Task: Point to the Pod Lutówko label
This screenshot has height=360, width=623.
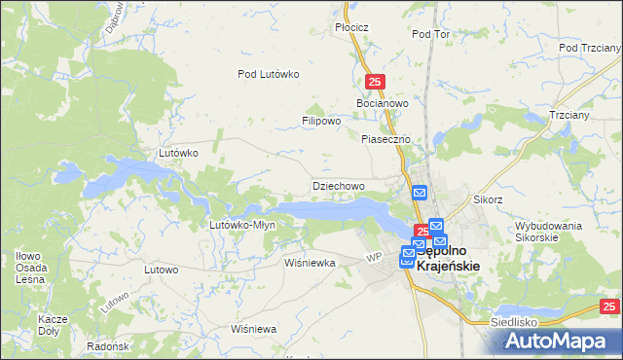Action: [269, 74]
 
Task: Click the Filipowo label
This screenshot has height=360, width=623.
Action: [320, 122]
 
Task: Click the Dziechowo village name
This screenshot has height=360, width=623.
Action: [338, 185]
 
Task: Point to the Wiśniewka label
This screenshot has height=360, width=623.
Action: [310, 263]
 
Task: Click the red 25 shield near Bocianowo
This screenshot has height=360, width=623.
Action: [376, 83]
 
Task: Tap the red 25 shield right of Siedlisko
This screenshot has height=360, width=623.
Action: [608, 307]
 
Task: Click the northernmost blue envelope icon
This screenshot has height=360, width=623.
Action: [420, 193]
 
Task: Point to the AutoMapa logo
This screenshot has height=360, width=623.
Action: [561, 341]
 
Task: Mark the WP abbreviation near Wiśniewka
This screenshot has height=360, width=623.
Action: [373, 257]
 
